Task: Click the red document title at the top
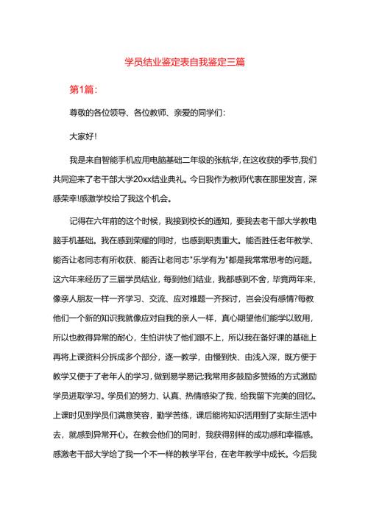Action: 184,64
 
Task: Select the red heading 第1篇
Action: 82,89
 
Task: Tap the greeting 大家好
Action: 82,136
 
